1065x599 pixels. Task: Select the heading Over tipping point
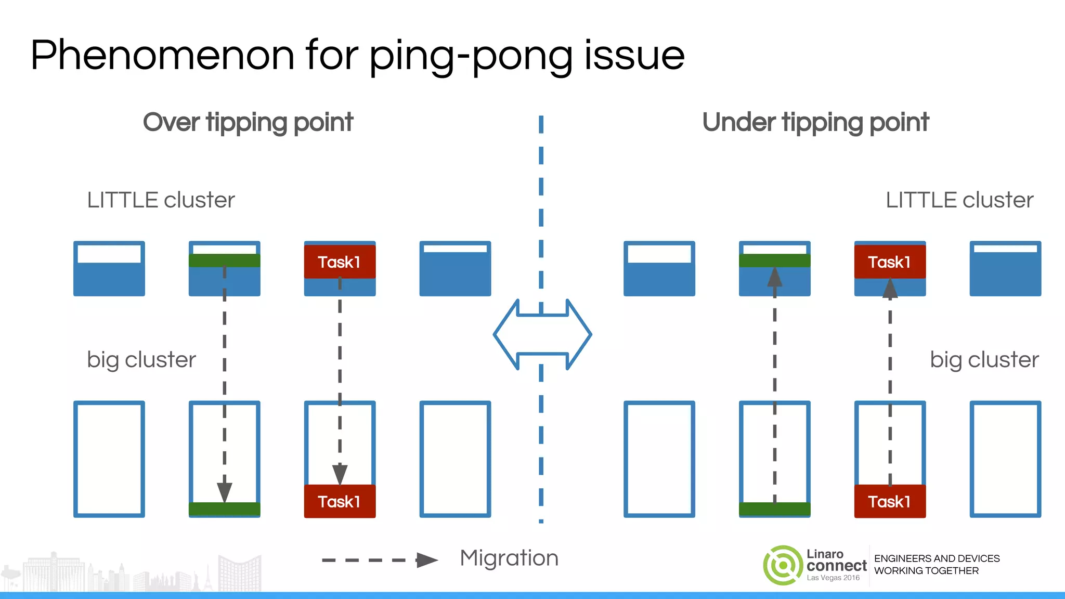pos(248,123)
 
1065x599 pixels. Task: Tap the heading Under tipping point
pos(815,123)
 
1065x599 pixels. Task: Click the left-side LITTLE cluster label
pos(161,200)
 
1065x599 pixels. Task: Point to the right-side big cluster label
pos(984,360)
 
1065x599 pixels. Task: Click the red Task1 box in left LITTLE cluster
pos(340,262)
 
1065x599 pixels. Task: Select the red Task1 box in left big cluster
pos(340,501)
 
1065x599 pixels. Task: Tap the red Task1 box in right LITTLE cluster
pos(890,262)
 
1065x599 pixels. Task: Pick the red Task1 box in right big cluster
pos(890,501)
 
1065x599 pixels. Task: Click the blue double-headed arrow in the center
pos(542,334)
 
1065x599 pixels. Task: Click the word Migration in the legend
pos(509,558)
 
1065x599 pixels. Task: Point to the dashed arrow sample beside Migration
pos(380,560)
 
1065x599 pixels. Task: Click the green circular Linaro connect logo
pos(783,565)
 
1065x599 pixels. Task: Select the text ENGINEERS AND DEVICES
pos(937,558)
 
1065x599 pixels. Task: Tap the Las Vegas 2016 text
pos(833,578)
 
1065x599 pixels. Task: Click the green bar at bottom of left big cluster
pos(224,509)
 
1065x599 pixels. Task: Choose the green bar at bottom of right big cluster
pos(774,509)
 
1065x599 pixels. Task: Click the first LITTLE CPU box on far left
pos(109,269)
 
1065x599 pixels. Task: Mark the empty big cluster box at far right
pos(1005,459)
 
